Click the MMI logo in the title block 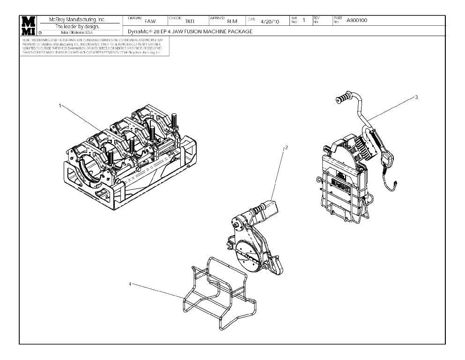pos(28,26)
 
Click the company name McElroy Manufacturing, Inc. pos(78,20)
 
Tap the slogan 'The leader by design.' pos(78,26)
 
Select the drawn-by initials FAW pos(150,21)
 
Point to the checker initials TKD pos(189,21)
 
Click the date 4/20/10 pos(270,21)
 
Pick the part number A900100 pos(357,20)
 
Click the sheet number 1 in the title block pos(304,20)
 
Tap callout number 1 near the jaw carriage pos(60,105)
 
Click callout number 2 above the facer pos(287,147)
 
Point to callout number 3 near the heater pos(416,97)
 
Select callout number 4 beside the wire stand pos(130,284)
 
